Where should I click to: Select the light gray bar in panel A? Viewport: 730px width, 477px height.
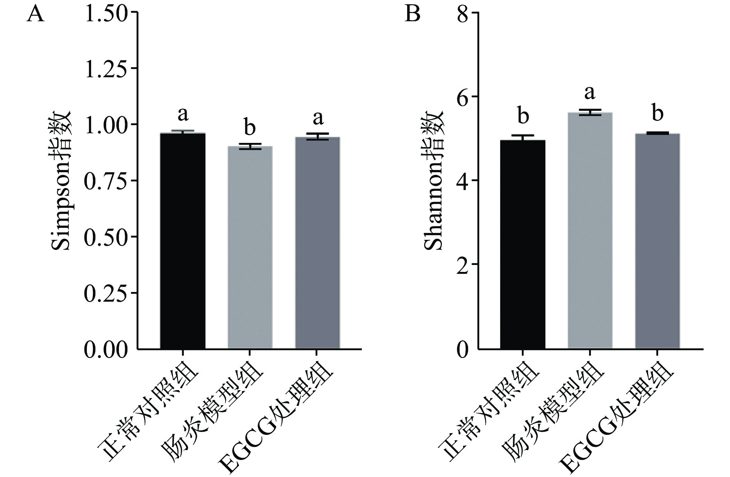(x=250, y=248)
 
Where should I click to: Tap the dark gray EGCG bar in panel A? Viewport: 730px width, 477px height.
(x=317, y=243)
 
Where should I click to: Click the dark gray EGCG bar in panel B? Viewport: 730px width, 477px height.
(x=657, y=241)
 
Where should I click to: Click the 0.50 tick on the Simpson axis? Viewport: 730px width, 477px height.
(x=105, y=237)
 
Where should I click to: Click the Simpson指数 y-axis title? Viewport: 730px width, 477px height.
(x=61, y=180)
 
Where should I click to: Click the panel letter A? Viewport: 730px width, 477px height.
(x=35, y=15)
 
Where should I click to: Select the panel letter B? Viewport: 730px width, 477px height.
(x=412, y=15)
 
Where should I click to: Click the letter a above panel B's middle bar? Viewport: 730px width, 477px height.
(x=590, y=93)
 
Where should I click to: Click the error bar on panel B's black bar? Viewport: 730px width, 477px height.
(x=523, y=136)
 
